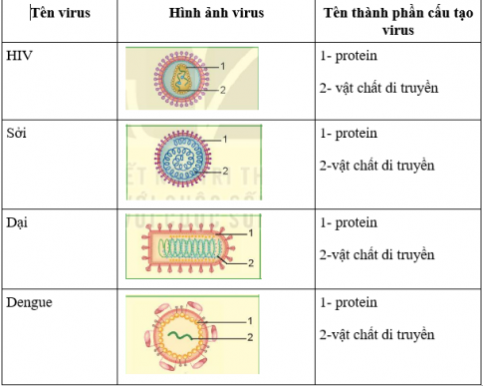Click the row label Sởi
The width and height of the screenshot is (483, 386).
(x=17, y=133)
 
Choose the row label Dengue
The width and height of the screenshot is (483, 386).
(x=28, y=300)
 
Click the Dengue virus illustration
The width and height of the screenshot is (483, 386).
(x=180, y=333)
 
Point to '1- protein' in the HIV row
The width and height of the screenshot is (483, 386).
(x=350, y=58)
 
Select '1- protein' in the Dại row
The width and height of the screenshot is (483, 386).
(x=350, y=222)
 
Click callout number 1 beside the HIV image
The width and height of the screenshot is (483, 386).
(x=223, y=66)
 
